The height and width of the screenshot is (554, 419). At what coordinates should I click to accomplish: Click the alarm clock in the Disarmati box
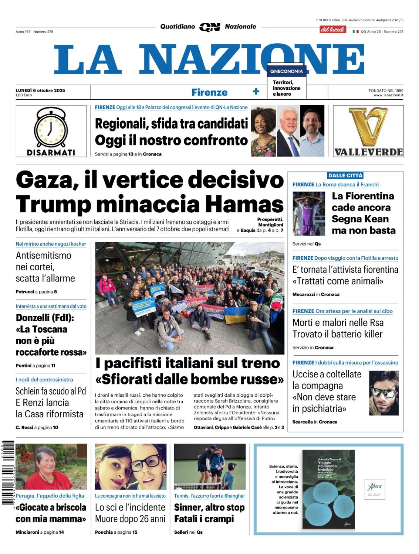[x=51, y=128]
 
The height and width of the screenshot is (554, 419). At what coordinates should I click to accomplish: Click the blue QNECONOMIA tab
[x=287, y=71]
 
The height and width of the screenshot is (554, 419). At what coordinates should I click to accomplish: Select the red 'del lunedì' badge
[x=333, y=30]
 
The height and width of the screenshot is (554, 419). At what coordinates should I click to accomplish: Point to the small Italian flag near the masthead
[x=355, y=32]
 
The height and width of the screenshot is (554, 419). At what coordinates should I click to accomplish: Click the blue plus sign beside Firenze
[x=256, y=92]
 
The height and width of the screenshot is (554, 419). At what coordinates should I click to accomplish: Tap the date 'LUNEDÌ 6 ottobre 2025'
[x=40, y=90]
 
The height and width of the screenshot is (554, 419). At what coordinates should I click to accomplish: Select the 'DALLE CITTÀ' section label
[x=345, y=175]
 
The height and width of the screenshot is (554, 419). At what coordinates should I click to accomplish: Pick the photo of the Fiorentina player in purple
[x=309, y=213]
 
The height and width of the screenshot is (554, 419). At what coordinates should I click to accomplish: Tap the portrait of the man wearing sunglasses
[x=384, y=393]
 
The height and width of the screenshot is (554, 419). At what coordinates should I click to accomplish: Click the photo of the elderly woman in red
[x=51, y=467]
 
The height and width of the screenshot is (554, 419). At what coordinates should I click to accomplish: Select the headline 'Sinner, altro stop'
[x=209, y=507]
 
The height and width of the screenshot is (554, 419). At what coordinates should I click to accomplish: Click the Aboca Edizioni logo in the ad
[x=375, y=489]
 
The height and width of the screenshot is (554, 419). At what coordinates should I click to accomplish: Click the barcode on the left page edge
[x=8, y=473]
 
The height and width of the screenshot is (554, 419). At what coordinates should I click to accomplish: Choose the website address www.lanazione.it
[x=388, y=95]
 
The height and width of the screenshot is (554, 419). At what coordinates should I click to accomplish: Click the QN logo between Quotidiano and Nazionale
[x=210, y=27]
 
